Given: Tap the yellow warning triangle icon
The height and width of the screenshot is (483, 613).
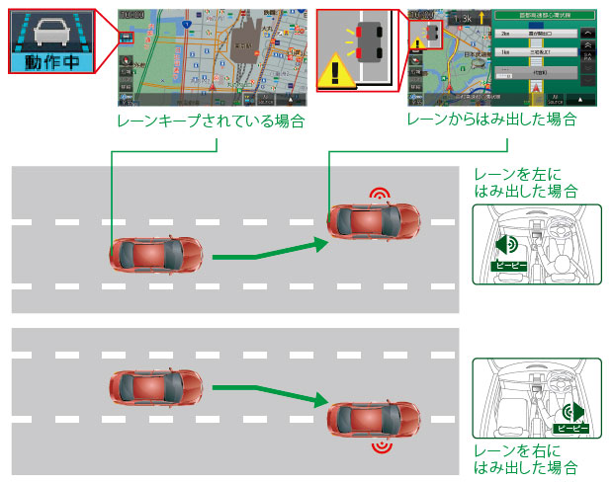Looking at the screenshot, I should tap(336, 72).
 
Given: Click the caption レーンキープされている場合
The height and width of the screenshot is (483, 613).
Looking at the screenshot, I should tap(209, 121).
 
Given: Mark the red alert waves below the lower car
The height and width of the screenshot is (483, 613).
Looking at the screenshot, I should tap(380, 447).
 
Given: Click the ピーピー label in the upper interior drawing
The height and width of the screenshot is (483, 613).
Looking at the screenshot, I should tap(511, 266).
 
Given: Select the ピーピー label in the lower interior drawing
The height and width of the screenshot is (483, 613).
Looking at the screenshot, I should tap(570, 429).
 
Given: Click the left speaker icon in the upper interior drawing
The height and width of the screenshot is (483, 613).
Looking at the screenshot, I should tap(506, 245).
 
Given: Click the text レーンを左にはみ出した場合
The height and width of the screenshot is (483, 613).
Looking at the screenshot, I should tap(526, 181).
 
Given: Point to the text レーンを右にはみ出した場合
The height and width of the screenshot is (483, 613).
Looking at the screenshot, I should tap(526, 459).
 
